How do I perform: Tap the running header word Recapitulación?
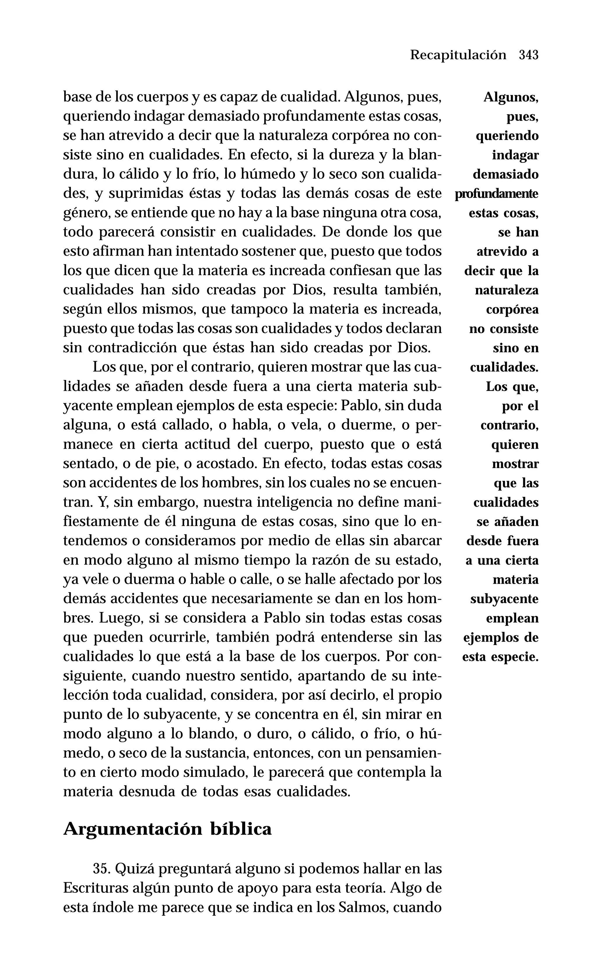[x=458, y=55]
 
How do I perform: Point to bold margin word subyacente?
[x=504, y=599]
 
